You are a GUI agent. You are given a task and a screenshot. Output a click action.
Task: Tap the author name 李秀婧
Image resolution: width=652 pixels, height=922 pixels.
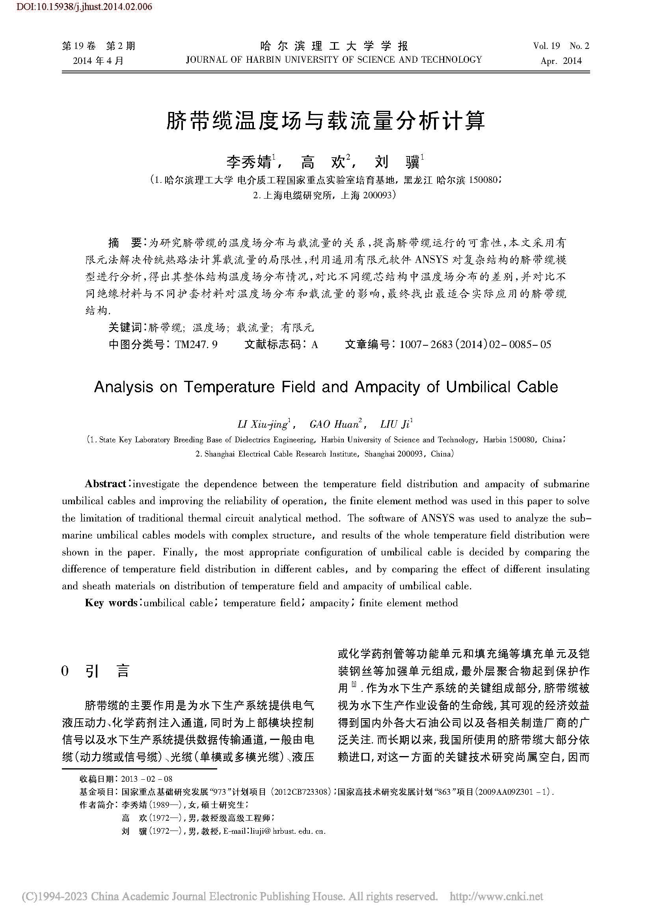[x=249, y=162]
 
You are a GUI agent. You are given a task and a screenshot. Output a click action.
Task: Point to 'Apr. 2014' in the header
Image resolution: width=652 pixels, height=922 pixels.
[x=561, y=61]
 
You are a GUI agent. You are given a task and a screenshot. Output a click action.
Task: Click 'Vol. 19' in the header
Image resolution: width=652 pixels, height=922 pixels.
[x=546, y=46]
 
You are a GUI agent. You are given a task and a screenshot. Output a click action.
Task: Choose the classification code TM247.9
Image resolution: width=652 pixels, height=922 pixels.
[x=197, y=345]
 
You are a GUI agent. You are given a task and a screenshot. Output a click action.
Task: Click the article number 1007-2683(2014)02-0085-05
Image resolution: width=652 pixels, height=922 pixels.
[x=475, y=345]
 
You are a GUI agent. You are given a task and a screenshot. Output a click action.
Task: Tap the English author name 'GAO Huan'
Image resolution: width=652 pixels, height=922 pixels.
[x=334, y=425]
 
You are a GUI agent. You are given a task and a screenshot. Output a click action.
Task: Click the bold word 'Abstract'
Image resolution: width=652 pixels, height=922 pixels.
[x=106, y=484]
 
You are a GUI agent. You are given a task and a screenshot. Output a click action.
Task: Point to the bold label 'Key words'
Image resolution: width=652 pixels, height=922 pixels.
[x=111, y=603]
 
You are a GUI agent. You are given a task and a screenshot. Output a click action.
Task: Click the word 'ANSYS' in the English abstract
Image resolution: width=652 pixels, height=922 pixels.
[x=437, y=518]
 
